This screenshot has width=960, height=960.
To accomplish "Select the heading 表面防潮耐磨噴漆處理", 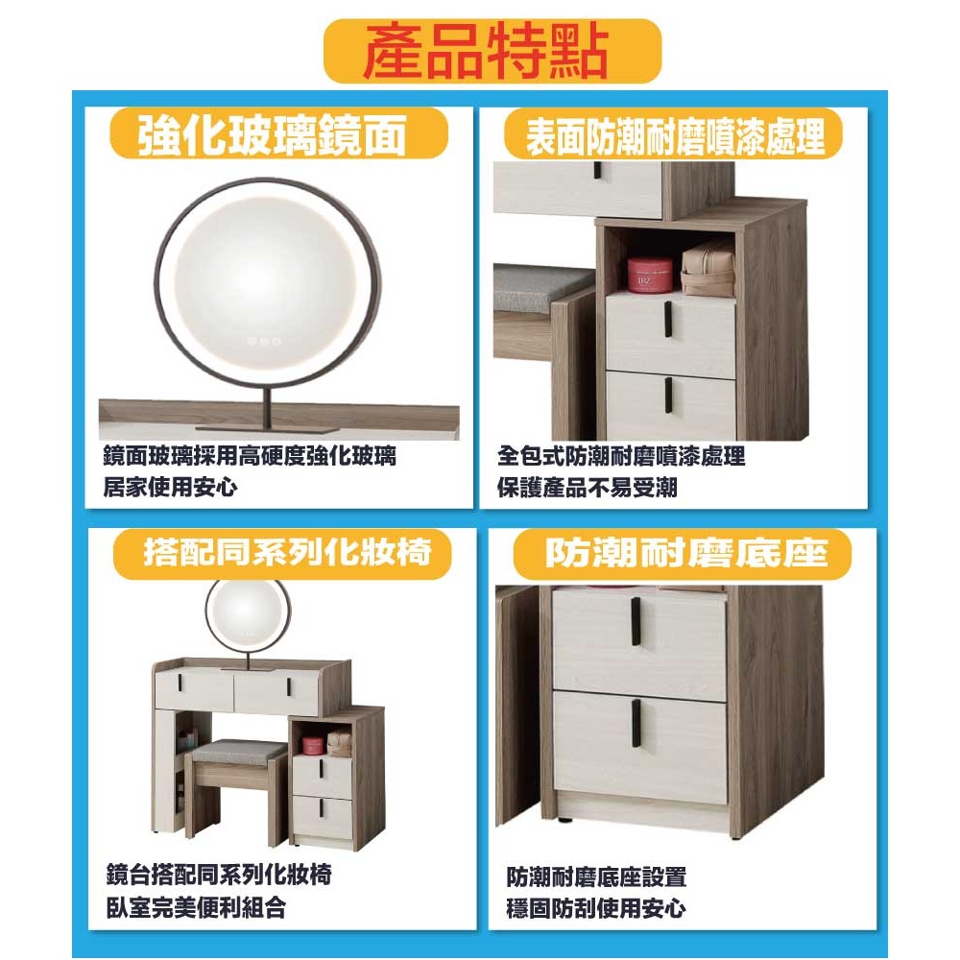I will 675,134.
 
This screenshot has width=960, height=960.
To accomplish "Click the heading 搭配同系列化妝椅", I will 284,553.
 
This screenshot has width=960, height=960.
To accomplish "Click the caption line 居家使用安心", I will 170,487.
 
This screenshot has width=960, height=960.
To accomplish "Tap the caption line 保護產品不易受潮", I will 587,487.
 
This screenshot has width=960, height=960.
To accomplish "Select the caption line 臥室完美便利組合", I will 196,906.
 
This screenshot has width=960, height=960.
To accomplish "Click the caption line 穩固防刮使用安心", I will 595,907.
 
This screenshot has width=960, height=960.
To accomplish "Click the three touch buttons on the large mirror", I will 263,340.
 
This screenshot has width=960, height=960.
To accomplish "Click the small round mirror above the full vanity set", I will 247,612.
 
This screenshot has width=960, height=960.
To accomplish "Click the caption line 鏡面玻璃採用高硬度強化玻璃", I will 250,456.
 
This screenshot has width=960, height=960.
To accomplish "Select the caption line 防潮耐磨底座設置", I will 596,876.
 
